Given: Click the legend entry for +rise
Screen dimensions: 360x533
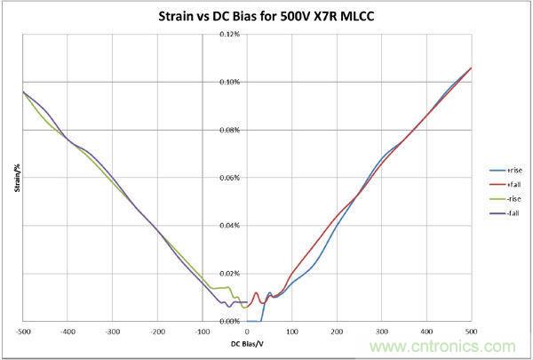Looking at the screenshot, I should click(x=514, y=167).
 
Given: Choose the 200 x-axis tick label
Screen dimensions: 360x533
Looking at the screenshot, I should click(x=337, y=332).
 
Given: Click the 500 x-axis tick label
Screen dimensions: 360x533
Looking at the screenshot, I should click(x=471, y=332).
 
